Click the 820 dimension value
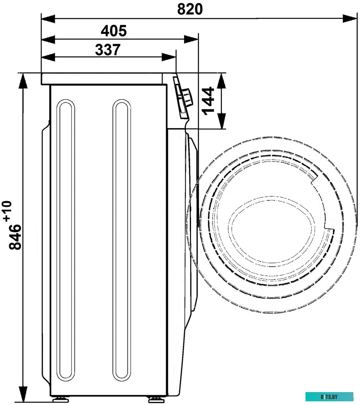pyautogui.click(x=190, y=10)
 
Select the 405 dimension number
pyautogui.click(x=114, y=31)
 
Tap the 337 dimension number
pyautogui.click(x=108, y=50)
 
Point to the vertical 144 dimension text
pyautogui.click(x=208, y=101)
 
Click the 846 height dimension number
pyautogui.click(x=15, y=237)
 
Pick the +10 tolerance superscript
pyautogui.click(x=7, y=211)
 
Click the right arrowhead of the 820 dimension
pyautogui.click(x=350, y=19)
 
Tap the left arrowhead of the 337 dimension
pyautogui.click(x=48, y=57)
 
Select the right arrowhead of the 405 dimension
pyautogui.click(x=191, y=39)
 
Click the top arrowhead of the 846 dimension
pyautogui.click(x=23, y=81)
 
